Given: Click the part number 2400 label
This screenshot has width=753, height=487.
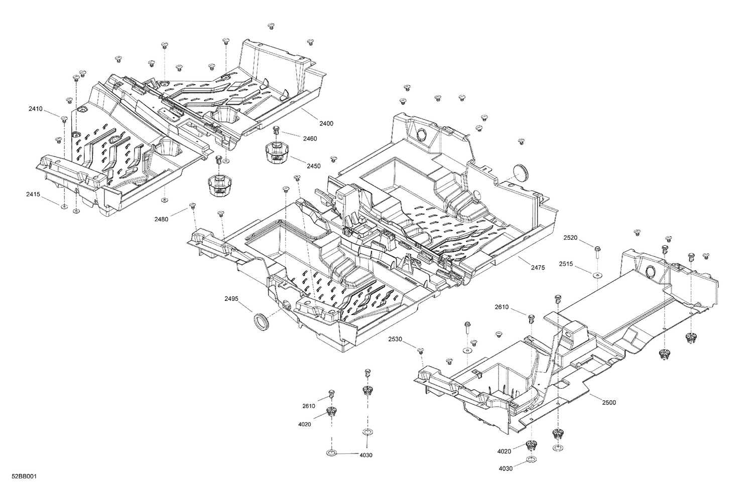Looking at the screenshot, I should pos(326,123).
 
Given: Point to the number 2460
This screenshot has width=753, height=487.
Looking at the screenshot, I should pos(310,139).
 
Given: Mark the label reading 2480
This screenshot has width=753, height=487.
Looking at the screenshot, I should pos(162,219).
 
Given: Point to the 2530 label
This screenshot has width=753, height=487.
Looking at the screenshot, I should pos(395,340).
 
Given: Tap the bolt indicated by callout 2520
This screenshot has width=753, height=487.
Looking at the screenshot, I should pos(597,250).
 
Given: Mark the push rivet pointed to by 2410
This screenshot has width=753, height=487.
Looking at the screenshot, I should pos(64,119).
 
